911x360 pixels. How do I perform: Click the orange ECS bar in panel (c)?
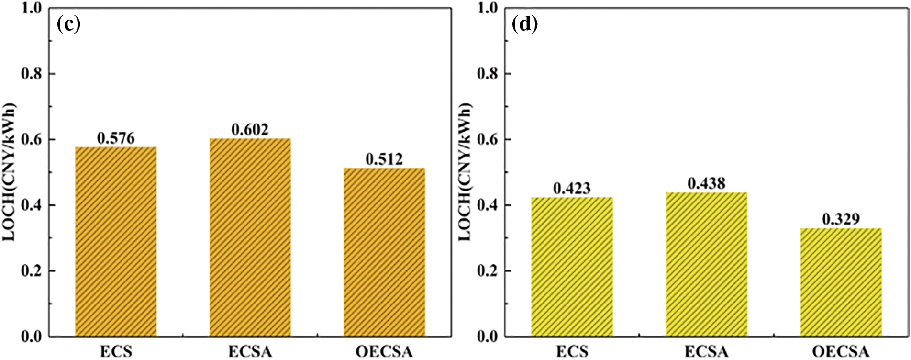(x=116, y=241)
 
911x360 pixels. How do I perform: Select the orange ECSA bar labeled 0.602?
(x=250, y=237)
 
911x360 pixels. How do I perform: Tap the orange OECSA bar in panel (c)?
(x=384, y=252)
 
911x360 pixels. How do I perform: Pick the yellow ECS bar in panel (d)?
(x=572, y=267)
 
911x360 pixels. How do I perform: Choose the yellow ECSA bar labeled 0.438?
(x=706, y=264)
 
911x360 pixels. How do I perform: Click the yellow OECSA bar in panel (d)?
(x=841, y=282)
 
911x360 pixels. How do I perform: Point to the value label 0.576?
(x=116, y=138)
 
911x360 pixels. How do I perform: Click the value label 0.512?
(x=384, y=159)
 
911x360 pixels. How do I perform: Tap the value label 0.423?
(x=572, y=189)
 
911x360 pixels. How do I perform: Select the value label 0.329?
(x=841, y=219)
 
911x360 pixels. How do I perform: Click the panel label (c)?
(x=68, y=24)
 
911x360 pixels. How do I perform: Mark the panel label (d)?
(x=525, y=24)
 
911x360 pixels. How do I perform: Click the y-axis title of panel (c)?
(x=10, y=172)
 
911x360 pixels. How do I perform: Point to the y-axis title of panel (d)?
(x=465, y=172)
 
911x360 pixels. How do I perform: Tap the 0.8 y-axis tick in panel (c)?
(x=32, y=74)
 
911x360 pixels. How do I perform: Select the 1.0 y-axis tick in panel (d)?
(x=488, y=8)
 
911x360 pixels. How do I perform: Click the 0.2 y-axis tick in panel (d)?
(x=488, y=271)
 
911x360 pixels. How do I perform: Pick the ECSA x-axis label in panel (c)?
(x=250, y=352)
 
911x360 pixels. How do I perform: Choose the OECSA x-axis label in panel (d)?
(x=841, y=352)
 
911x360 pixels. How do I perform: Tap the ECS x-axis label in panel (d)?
(x=572, y=352)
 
